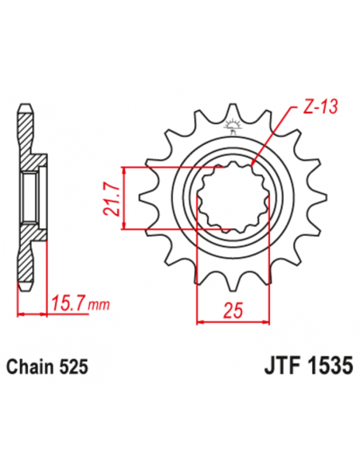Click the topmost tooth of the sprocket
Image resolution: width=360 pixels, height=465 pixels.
coord(232,111)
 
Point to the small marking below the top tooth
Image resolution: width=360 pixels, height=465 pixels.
coord(232,125)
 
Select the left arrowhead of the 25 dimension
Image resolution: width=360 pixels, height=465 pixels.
coord(198,322)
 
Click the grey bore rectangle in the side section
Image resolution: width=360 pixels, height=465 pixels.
coord(29,198)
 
